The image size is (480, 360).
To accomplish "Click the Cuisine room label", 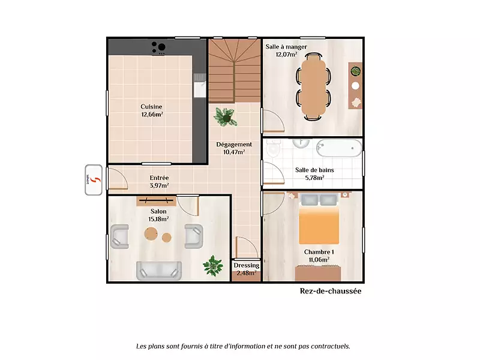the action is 151,107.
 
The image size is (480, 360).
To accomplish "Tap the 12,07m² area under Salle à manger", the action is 286,55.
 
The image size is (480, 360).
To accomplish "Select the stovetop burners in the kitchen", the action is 158,47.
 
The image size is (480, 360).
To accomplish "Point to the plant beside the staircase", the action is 226,117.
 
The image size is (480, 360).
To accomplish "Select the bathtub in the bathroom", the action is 339,148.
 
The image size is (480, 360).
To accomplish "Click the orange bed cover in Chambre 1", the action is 319,226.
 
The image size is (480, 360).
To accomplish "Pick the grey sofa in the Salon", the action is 158,271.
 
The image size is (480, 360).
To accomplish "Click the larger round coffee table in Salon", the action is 151,234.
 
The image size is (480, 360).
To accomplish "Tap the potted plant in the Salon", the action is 213,265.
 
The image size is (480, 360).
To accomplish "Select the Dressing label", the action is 247,265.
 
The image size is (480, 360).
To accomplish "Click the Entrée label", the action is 159,178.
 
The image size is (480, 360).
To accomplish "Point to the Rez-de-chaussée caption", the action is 331,291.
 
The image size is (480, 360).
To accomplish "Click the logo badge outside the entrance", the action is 94,180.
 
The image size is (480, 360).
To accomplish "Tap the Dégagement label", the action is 234,145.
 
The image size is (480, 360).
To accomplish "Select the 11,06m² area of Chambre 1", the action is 319,260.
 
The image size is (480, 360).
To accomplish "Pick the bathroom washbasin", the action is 302,143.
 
